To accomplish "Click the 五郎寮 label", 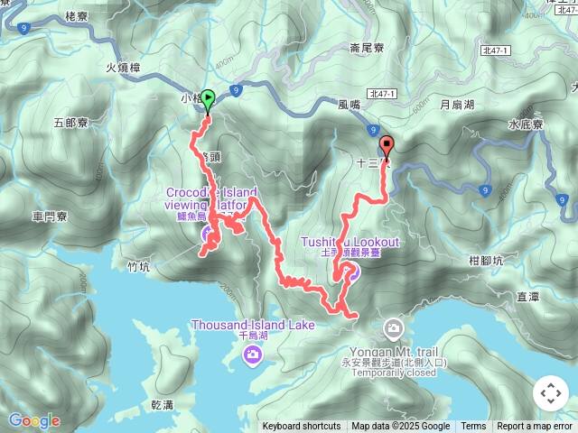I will point(70,123).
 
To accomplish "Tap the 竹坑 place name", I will point(139,267).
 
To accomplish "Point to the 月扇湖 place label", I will point(456,105).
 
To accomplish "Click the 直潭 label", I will point(527,295).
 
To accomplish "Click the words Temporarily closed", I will point(395,373).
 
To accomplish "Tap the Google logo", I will point(33,420).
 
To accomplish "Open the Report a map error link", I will point(535,427).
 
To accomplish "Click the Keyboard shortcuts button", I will point(302,427).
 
